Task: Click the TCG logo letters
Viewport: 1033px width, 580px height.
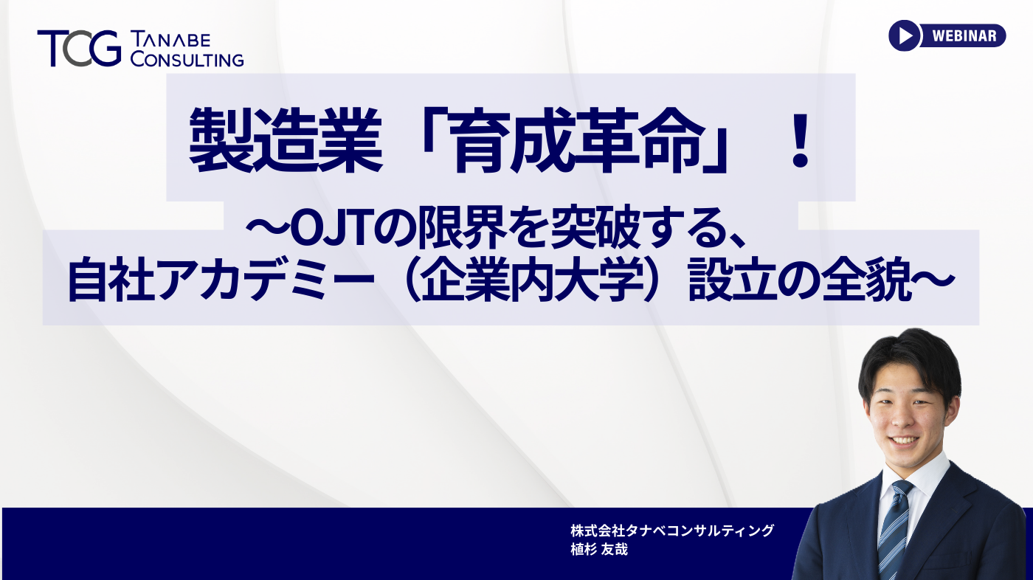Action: coord(79,49)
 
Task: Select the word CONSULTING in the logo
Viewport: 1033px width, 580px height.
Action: coord(187,59)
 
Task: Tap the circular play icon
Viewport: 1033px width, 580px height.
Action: coord(905,35)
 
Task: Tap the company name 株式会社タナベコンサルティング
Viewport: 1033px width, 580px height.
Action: coord(671,530)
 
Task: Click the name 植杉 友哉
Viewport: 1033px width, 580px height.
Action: coord(598,550)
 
